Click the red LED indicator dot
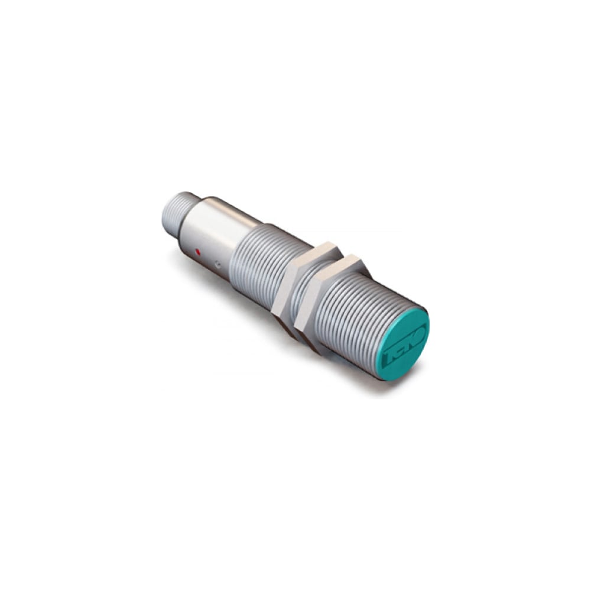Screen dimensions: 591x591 [197, 252]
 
